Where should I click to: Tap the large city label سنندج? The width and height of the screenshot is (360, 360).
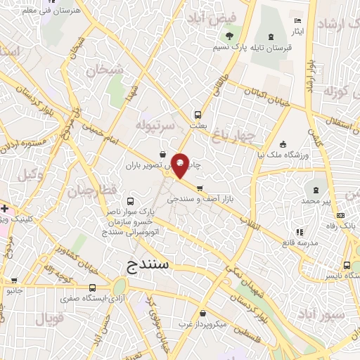tap(153, 265)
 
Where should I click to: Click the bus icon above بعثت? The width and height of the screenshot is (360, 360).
tap(198, 114)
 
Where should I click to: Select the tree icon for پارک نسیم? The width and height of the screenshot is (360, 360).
tap(229, 37)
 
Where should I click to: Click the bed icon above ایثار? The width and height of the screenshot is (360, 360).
tap(297, 22)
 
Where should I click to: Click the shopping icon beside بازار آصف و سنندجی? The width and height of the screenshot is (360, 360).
tap(200, 188)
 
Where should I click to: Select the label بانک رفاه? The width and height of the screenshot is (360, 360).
tap(342, 226)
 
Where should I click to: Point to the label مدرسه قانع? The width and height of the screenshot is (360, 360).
tap(297, 243)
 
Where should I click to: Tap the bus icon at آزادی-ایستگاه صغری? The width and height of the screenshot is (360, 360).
tap(92, 288)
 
